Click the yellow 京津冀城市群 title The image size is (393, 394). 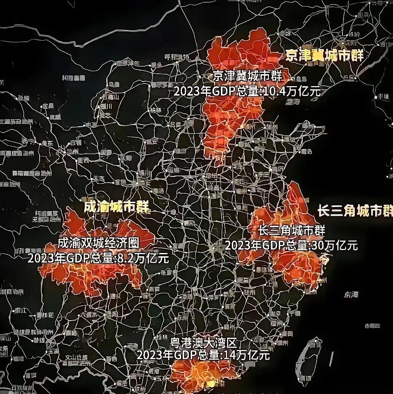(324, 55)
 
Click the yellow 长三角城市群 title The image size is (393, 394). (355, 210)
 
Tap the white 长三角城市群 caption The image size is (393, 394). (291, 230)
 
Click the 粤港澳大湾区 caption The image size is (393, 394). (203, 342)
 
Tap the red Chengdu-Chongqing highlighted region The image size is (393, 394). (91, 276)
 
